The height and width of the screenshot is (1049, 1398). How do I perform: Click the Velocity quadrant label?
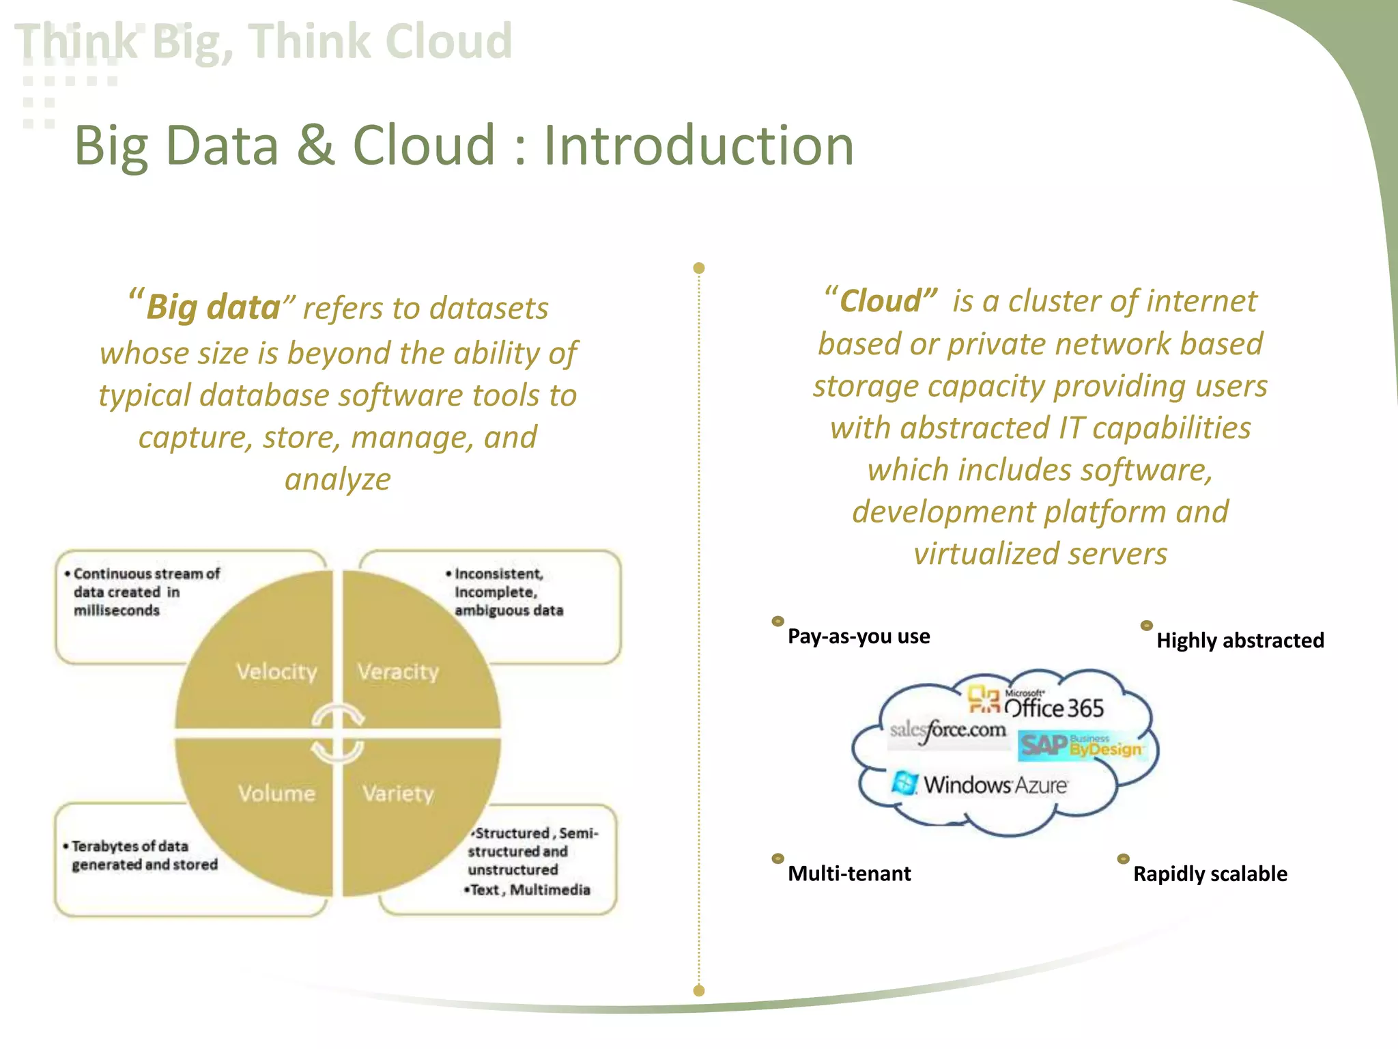[276, 672]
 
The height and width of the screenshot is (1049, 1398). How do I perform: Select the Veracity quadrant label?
[398, 672]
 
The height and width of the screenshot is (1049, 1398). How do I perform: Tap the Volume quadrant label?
[276, 794]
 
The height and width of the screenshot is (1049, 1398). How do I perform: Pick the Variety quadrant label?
[398, 794]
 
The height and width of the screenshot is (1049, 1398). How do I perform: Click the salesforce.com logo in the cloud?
[947, 731]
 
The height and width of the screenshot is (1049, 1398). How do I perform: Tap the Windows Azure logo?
[980, 784]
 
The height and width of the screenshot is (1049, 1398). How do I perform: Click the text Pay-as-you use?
[859, 637]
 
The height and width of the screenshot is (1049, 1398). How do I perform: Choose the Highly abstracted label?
[1240, 641]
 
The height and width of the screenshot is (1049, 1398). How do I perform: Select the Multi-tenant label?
[849, 873]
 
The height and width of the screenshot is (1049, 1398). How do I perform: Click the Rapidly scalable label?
[1210, 874]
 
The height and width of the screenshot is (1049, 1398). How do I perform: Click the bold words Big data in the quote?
[213, 307]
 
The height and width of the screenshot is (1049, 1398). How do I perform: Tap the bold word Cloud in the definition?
[881, 301]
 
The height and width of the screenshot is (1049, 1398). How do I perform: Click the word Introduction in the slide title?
[698, 145]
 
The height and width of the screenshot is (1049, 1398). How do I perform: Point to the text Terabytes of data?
[130, 846]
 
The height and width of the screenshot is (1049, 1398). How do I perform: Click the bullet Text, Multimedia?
[529, 890]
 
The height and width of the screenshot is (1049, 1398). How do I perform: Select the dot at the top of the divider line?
[698, 268]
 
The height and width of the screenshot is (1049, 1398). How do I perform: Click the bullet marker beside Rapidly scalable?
[1123, 859]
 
